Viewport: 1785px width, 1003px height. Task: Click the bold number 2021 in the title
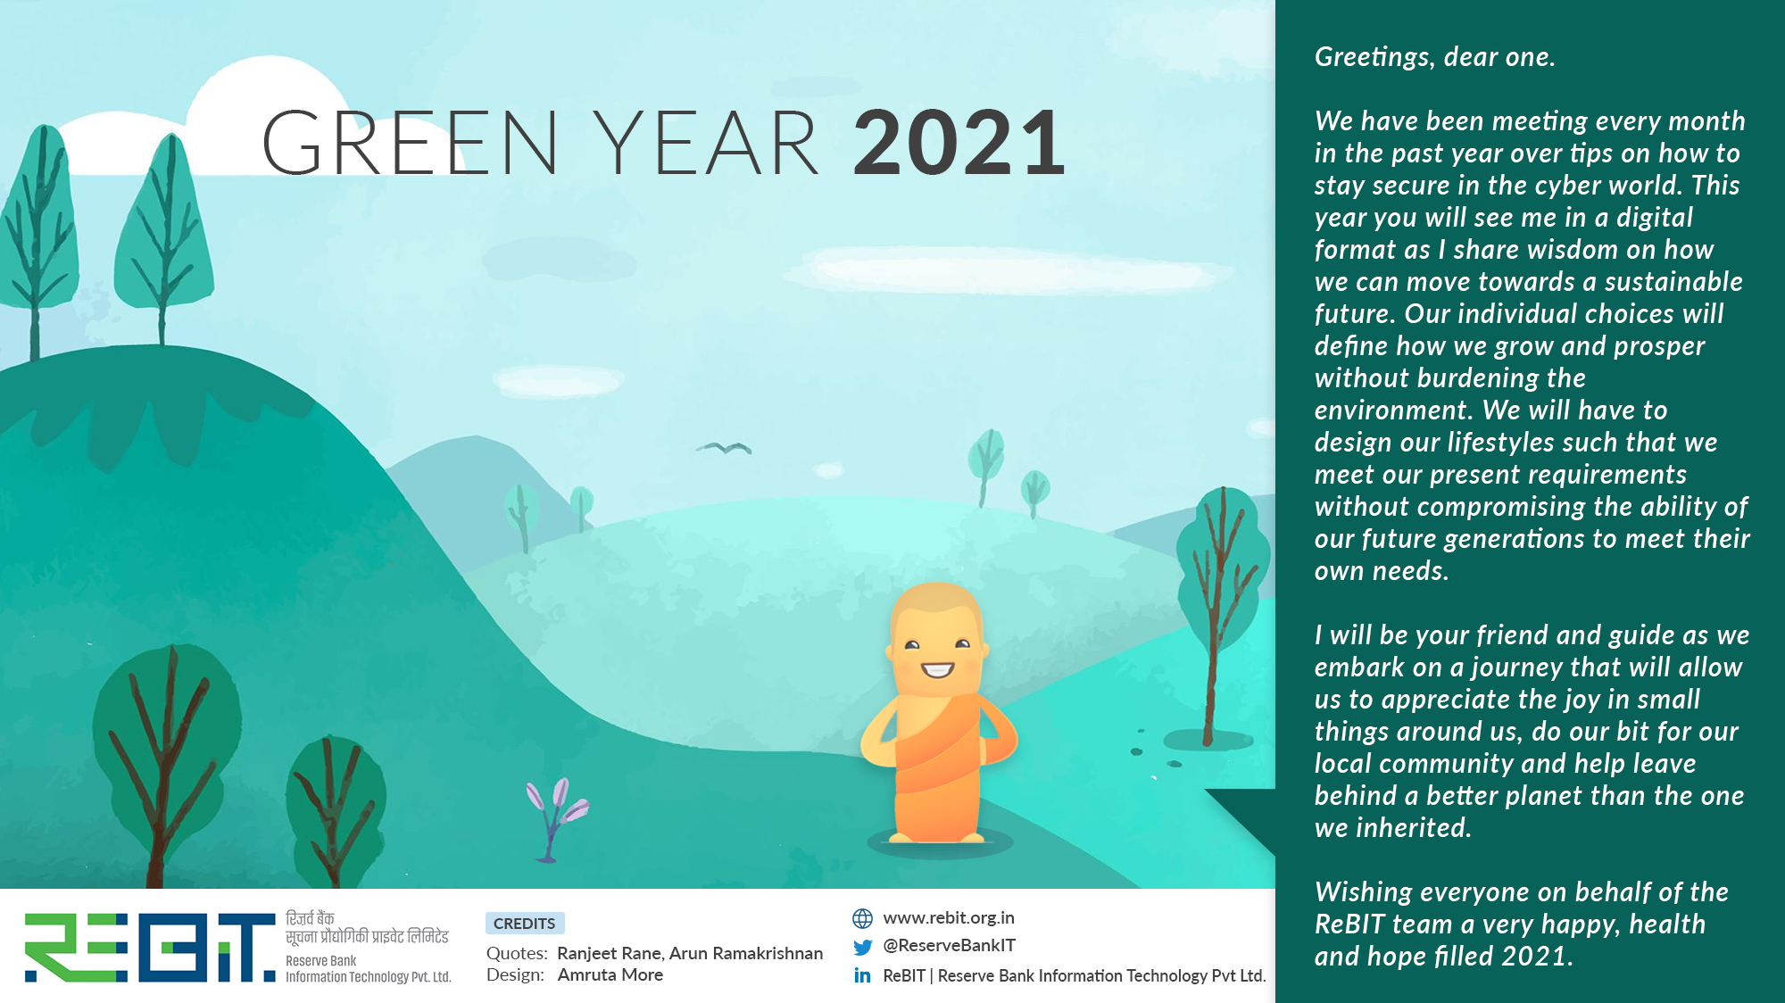coord(959,143)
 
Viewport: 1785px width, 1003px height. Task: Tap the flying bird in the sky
coord(724,448)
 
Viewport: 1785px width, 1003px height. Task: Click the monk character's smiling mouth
coord(937,669)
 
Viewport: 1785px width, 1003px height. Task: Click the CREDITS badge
coord(525,924)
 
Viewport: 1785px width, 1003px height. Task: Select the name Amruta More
coord(610,975)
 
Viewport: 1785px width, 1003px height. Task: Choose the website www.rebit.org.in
coord(949,917)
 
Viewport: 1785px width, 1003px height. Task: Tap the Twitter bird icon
coord(862,947)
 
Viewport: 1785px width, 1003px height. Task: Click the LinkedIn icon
coord(862,975)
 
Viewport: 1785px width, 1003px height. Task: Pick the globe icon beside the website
coord(862,918)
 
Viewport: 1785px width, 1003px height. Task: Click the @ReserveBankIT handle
coord(950,946)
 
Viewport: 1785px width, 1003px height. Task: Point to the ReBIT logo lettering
coord(150,948)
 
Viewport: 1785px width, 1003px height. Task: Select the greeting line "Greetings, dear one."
coord(1435,57)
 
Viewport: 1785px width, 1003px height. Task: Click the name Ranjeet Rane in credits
coord(610,953)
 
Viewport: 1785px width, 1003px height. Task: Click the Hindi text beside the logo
coord(367,928)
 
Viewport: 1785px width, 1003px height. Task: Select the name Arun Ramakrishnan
coord(746,953)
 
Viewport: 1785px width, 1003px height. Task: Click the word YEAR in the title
coord(706,143)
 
